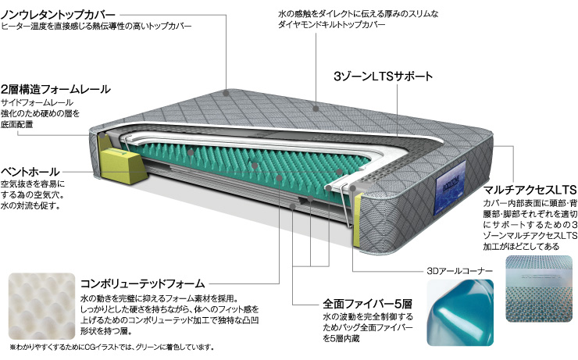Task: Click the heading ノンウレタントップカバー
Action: (x=59, y=15)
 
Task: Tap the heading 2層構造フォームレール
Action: (x=55, y=89)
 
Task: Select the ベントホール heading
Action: (x=30, y=172)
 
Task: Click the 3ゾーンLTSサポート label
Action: (x=383, y=77)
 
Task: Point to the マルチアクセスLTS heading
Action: (x=530, y=190)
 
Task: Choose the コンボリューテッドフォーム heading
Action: (x=142, y=283)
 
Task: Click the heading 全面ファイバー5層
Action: (x=367, y=304)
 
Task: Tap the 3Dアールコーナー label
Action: (x=459, y=271)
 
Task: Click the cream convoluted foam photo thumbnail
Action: (x=41, y=305)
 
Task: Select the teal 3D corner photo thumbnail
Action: (x=460, y=312)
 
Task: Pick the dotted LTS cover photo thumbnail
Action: (x=540, y=289)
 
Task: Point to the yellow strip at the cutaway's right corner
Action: (x=357, y=220)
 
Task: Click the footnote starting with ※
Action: (x=112, y=347)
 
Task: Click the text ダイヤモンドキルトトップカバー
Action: (x=331, y=25)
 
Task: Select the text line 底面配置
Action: (x=17, y=124)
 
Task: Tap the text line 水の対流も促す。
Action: (x=30, y=205)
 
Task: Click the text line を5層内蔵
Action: (x=341, y=338)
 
